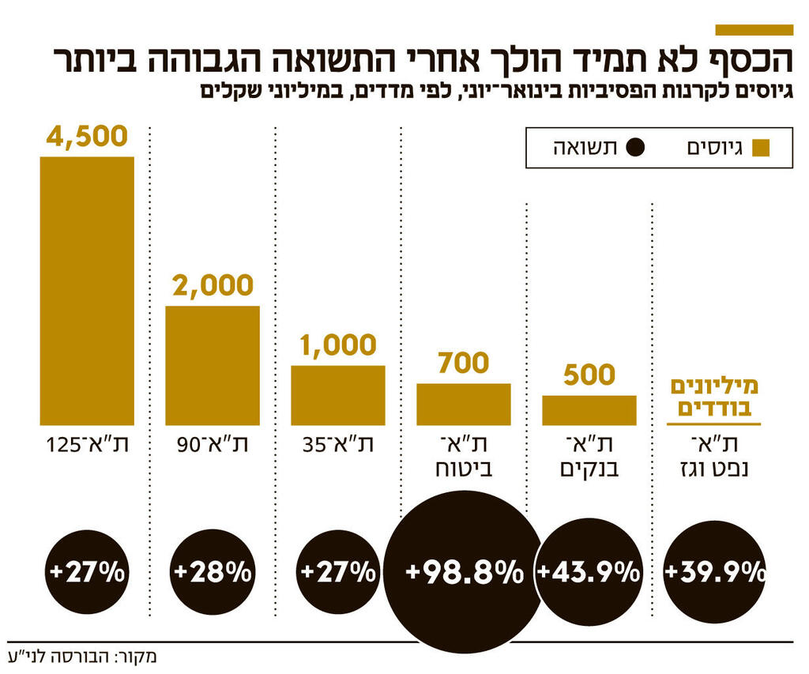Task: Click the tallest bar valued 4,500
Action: [x=87, y=290]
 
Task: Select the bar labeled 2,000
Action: [x=213, y=365]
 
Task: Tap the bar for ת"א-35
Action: [x=338, y=395]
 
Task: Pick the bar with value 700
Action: [x=464, y=405]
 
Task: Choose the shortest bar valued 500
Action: [x=589, y=410]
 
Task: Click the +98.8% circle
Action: [x=464, y=570]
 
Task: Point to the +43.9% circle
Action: [x=589, y=570]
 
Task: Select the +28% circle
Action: [x=213, y=570]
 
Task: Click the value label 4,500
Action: [x=87, y=136]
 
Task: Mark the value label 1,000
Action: [x=338, y=345]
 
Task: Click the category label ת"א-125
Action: [x=87, y=444]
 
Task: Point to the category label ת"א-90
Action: [x=213, y=444]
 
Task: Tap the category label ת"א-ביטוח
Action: [x=464, y=456]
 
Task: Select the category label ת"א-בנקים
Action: [x=589, y=456]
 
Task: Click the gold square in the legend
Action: [x=761, y=148]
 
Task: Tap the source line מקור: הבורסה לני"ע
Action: [x=79, y=656]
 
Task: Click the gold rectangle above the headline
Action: [x=754, y=29]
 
